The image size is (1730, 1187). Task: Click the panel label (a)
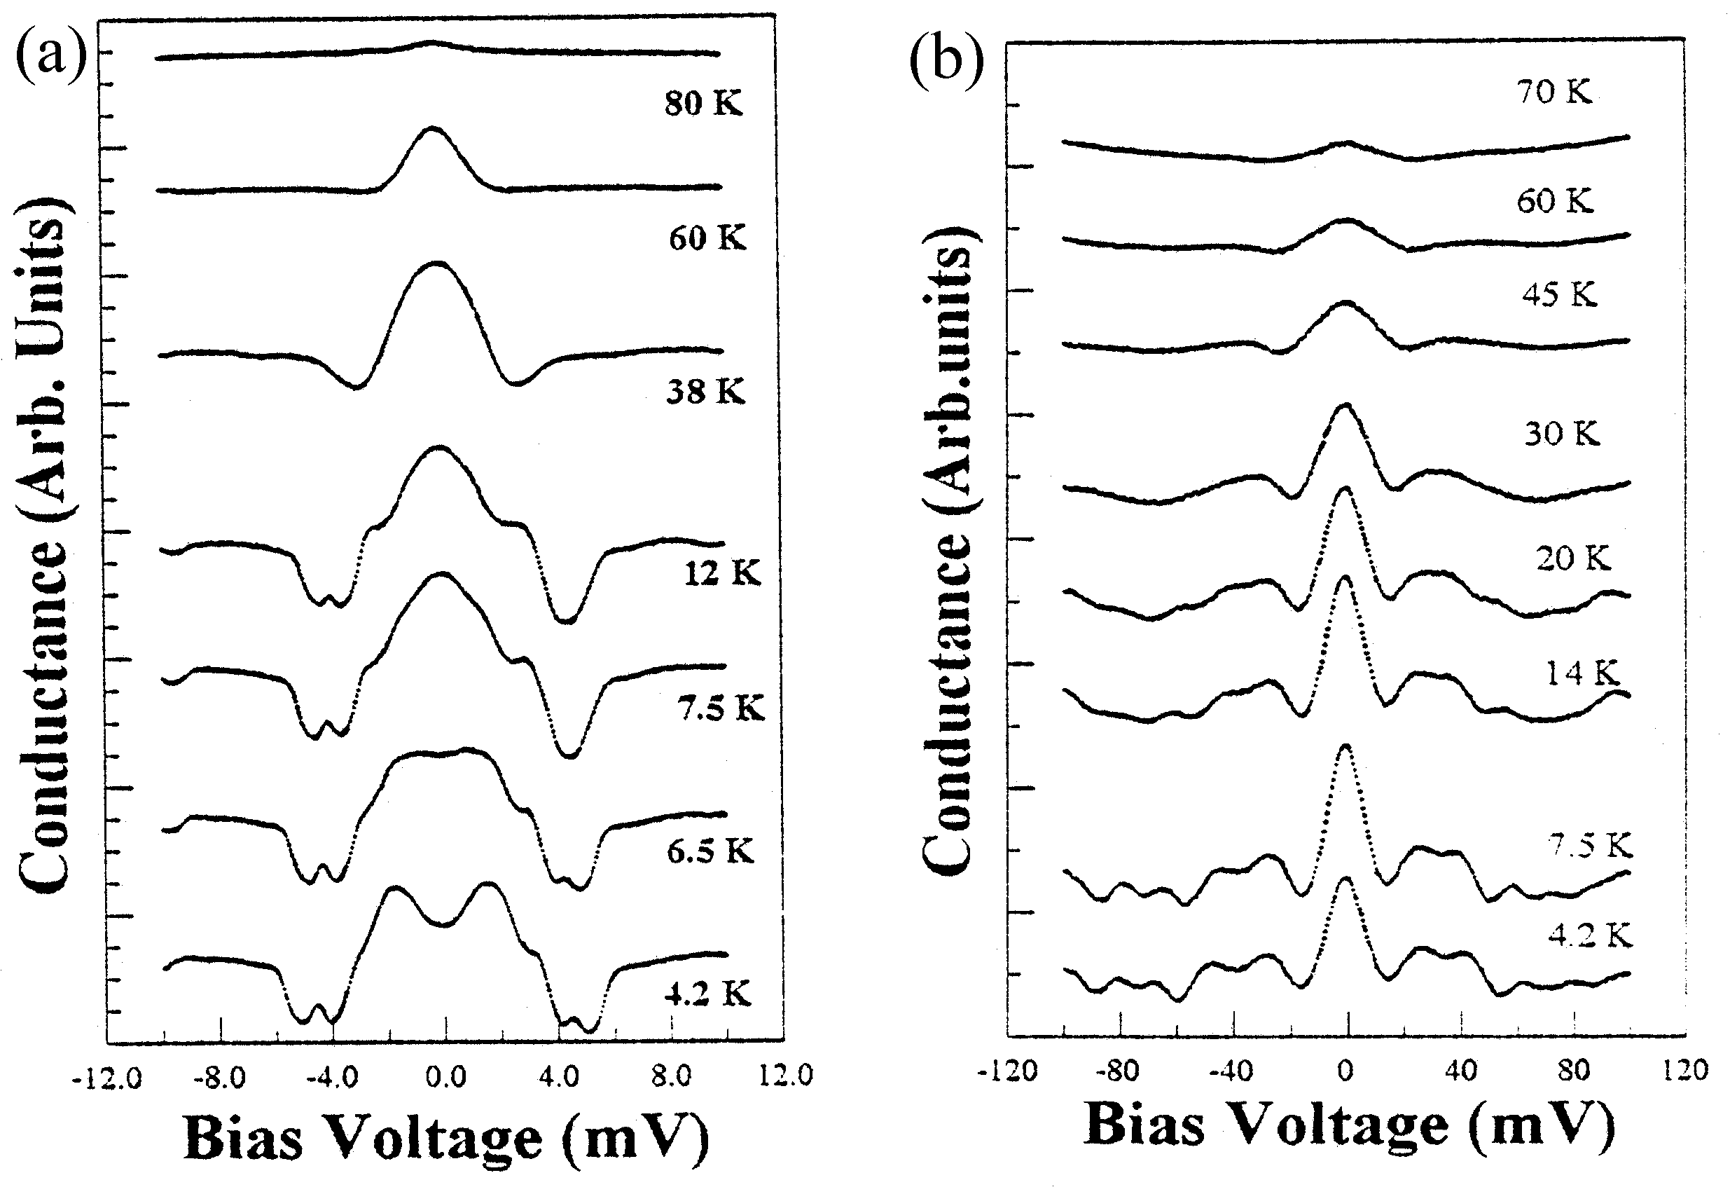50,57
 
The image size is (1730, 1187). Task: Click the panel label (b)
946,62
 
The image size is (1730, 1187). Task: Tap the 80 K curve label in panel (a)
703,103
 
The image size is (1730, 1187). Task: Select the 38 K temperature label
705,391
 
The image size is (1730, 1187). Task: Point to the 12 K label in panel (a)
722,573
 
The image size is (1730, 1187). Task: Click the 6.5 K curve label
710,851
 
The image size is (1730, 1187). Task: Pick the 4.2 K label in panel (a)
707,993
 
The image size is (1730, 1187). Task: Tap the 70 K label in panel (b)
1554,92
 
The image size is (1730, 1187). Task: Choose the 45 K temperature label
1559,295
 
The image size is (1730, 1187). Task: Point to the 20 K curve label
1573,558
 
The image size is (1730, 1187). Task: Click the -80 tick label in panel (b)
1118,1071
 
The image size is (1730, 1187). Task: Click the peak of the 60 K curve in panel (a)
431,130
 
